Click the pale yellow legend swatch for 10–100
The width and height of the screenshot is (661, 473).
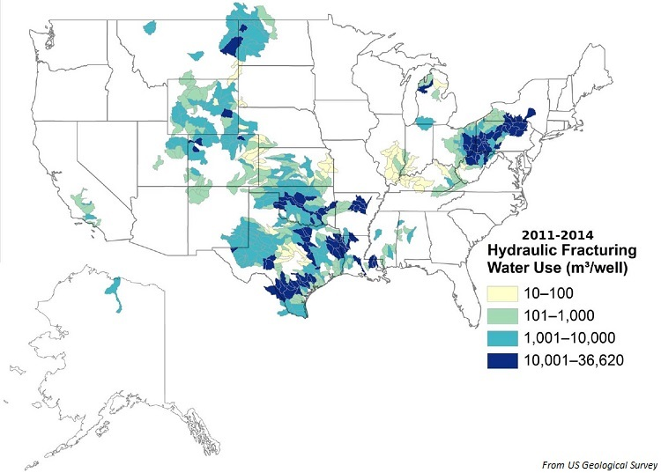[x=504, y=291]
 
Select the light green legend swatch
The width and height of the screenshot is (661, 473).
[x=504, y=314]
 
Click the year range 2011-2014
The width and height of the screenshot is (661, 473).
[x=557, y=236]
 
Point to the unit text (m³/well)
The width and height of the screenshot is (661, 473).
[x=593, y=267]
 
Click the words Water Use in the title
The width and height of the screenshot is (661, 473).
[x=524, y=267]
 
